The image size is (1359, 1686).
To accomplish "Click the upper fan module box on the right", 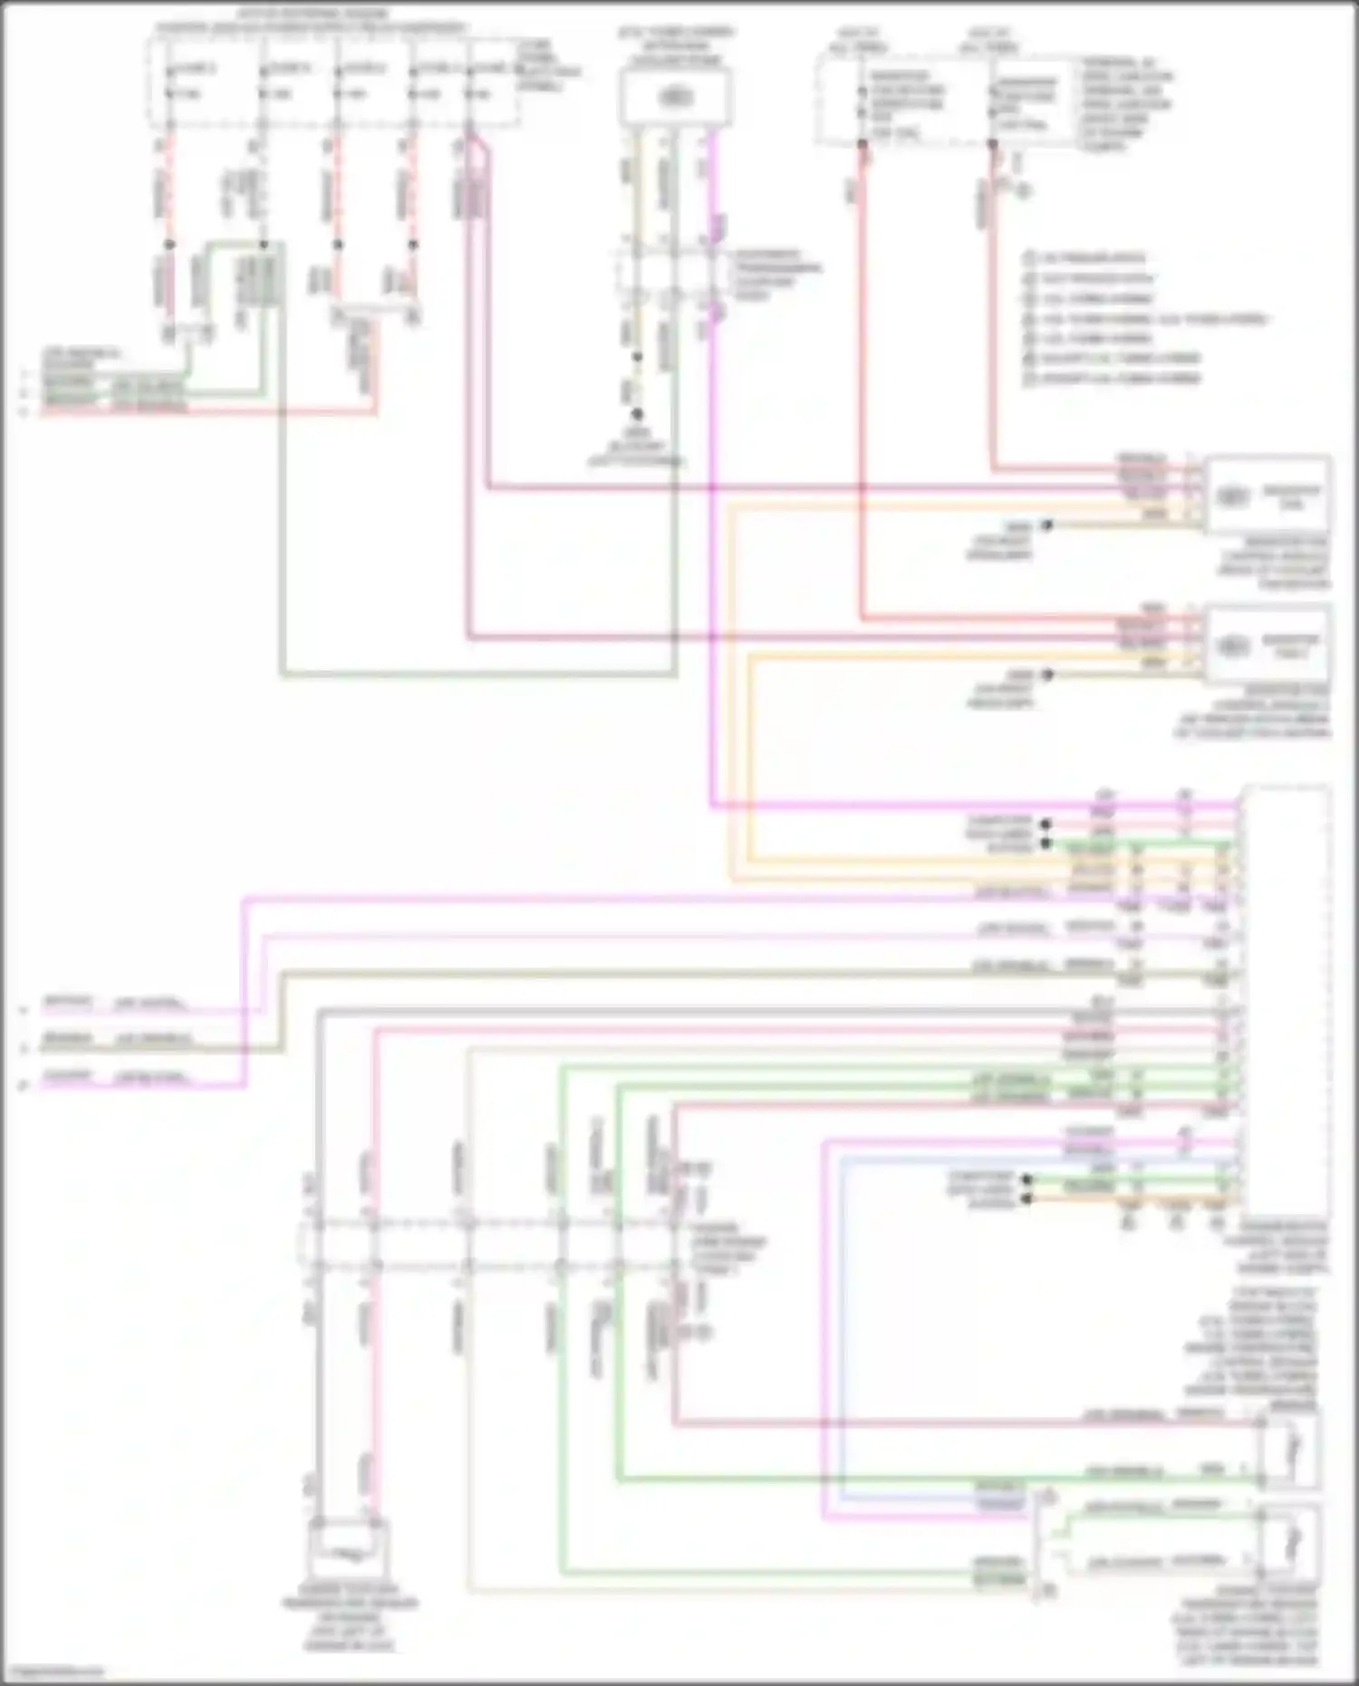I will (x=1267, y=496).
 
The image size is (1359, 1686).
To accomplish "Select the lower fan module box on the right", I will (x=1267, y=645).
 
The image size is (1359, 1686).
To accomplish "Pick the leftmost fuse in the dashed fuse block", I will (x=169, y=82).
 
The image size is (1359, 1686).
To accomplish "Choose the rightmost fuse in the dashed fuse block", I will (x=470, y=82).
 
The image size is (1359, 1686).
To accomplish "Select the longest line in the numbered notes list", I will (x=1146, y=319).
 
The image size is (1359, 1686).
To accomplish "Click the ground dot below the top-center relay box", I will (x=637, y=414).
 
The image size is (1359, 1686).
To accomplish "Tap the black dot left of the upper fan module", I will (x=1046, y=525).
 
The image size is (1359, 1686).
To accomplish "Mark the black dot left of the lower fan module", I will (x=1046, y=675).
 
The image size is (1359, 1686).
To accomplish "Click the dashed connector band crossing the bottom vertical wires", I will (x=489, y=1243).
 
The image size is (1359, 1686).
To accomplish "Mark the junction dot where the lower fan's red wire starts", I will (x=862, y=143).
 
